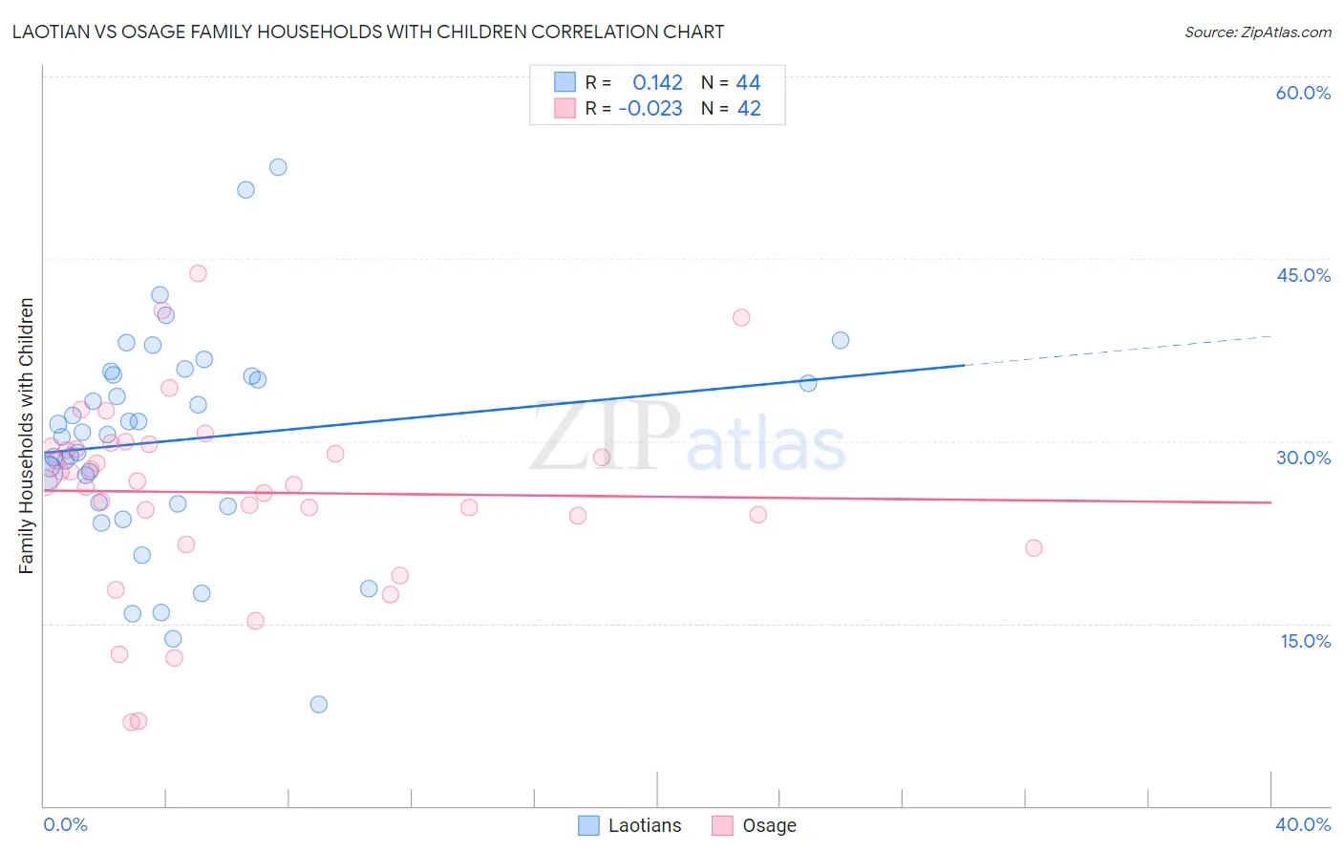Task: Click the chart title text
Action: pos(368,32)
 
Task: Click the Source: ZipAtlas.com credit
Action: pos(1257,32)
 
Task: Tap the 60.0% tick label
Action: pos(1303,93)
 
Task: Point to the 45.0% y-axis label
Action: pos(1303,275)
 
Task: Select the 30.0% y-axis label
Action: pos(1303,458)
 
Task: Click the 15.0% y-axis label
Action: pos(1305,641)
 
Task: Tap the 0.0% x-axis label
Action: pos(65,824)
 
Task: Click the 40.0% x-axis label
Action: pos(1303,824)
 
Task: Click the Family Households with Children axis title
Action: pos(26,436)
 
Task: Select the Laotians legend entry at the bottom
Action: pos(630,825)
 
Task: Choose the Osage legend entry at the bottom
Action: pos(756,825)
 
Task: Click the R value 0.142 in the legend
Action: pos(657,83)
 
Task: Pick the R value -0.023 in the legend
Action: pos(650,109)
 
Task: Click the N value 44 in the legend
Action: pos(748,83)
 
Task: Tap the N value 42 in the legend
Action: pos(749,109)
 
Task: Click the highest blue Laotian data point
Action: pos(278,167)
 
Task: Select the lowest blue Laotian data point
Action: pos(319,704)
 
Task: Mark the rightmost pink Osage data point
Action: pos(1034,548)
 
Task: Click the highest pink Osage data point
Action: pos(198,273)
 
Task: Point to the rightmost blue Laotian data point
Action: pos(841,340)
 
